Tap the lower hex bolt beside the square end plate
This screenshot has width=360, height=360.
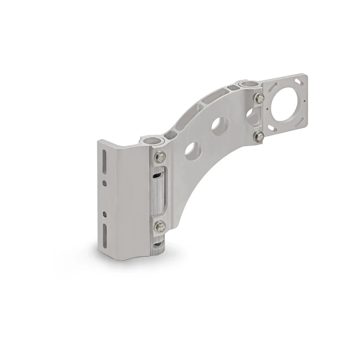coord(258,136)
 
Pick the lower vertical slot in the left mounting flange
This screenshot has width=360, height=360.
coord(104,236)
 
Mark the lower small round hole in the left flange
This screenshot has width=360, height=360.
coord(104,214)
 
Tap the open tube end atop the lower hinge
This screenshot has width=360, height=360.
coord(150,140)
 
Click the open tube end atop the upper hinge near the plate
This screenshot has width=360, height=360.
coord(250,83)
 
